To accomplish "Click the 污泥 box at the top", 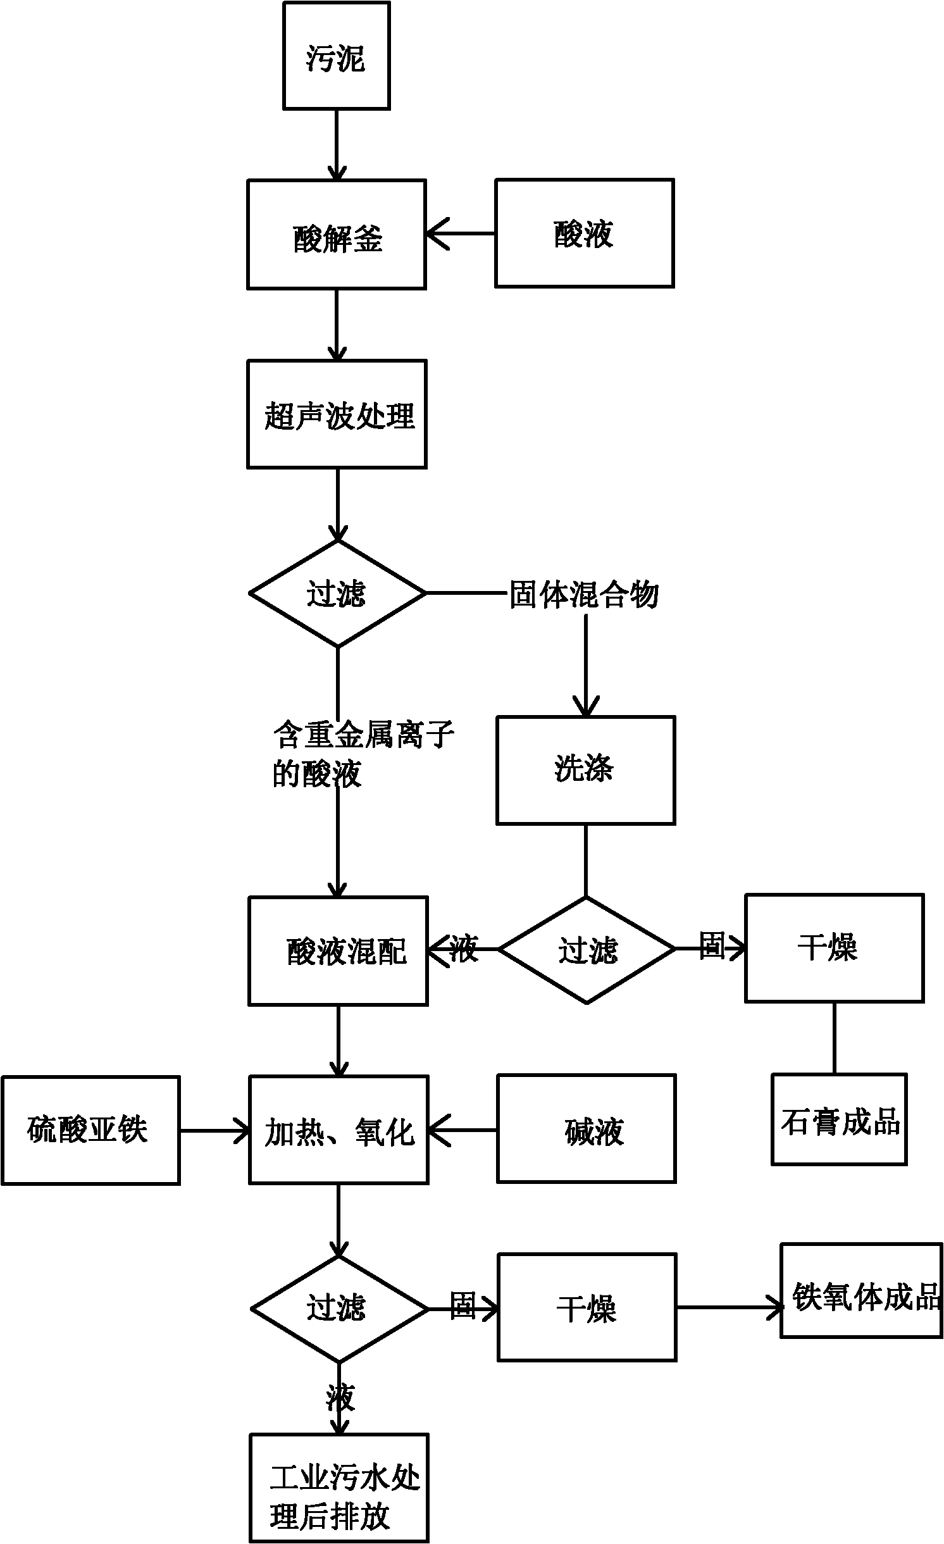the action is tap(336, 56).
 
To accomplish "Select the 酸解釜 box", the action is tap(336, 235).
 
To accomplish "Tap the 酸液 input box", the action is tap(584, 233).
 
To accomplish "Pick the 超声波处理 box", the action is tap(337, 414).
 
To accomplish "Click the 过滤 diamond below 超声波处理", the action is tap(337, 594).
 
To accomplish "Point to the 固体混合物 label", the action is tap(584, 595).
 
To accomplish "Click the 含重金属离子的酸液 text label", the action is tap(363, 754).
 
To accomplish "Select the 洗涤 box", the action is tap(585, 770).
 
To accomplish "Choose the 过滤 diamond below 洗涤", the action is tap(587, 949).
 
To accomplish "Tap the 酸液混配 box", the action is tap(338, 950).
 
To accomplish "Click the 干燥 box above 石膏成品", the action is tap(834, 948).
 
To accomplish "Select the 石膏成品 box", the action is tap(839, 1120).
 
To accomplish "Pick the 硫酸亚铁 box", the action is tap(90, 1130).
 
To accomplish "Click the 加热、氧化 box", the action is tap(338, 1130).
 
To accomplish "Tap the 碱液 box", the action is tap(587, 1128).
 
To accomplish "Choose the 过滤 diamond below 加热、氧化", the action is tap(339, 1309).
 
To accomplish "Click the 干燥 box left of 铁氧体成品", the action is tap(587, 1307).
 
